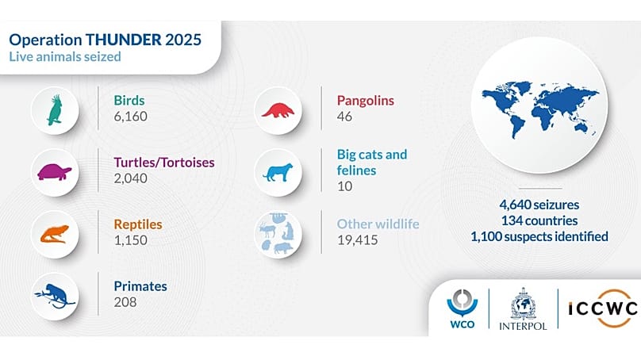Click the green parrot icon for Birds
(55, 110)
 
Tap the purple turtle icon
(55, 171)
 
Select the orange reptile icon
(55, 233)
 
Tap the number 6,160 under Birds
(130, 117)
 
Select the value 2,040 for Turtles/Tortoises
(130, 178)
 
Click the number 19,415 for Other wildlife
(358, 239)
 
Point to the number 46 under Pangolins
(345, 117)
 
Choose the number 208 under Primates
(125, 302)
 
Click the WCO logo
(459, 309)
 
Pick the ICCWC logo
(601, 309)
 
